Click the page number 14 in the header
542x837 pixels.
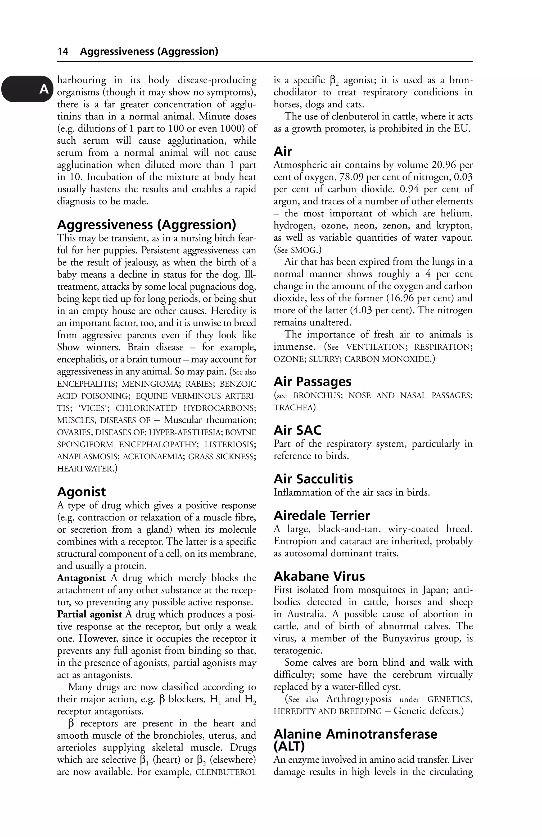pyautogui.click(x=63, y=52)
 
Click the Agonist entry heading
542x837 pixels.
pyautogui.click(x=81, y=492)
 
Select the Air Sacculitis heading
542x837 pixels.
pyautogui.click(x=313, y=479)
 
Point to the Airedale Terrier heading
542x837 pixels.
pyautogui.click(x=322, y=516)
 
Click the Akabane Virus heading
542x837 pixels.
pyautogui.click(x=319, y=576)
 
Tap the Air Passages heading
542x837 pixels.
pyautogui.click(x=313, y=382)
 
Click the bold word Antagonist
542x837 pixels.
pyautogui.click(x=81, y=578)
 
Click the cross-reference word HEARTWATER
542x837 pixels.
pyautogui.click(x=84, y=469)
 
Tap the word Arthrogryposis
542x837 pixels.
pyautogui.click(x=359, y=699)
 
